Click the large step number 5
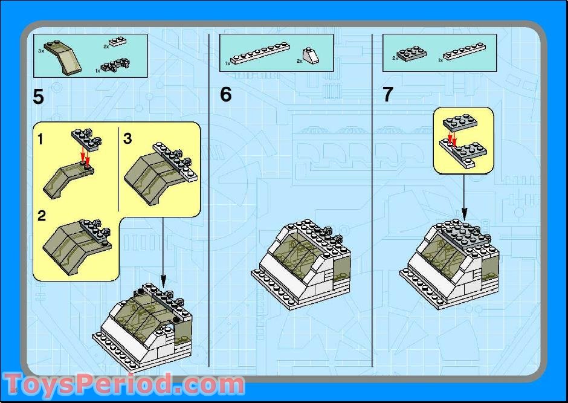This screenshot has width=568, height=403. tap(38, 97)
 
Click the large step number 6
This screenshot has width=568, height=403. tap(225, 94)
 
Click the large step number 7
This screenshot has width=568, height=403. tap(387, 94)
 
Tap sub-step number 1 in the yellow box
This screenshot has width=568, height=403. tap(40, 139)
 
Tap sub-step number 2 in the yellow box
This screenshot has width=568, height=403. tap(42, 216)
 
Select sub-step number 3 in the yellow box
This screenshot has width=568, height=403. tap(127, 138)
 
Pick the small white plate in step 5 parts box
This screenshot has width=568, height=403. tap(117, 41)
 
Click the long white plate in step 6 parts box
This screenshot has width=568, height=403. tap(260, 53)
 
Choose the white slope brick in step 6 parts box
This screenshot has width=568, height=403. tap(311, 56)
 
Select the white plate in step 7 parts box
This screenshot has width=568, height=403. tap(464, 51)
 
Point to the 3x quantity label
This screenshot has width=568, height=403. tap(40, 51)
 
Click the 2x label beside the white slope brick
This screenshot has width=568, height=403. tap(299, 61)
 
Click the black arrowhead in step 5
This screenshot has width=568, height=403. tap(163, 280)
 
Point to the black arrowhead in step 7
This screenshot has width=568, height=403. tap(464, 214)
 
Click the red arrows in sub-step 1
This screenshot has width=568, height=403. tap(85, 155)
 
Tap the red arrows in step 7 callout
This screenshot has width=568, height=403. tap(452, 138)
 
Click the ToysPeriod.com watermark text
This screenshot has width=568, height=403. tap(124, 384)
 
